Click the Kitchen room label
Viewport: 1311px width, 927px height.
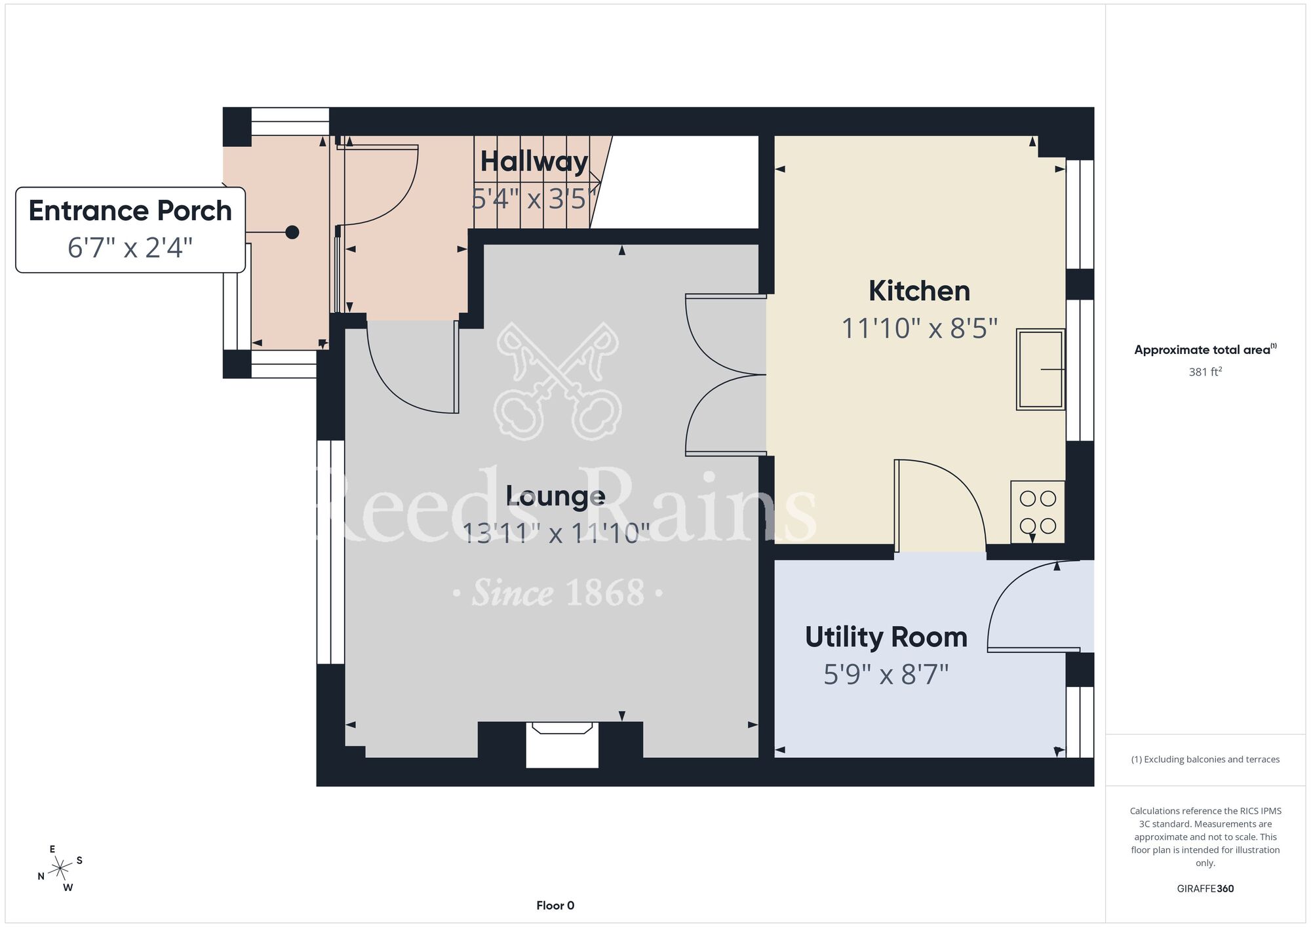click(x=919, y=291)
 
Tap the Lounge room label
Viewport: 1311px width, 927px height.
click(x=555, y=496)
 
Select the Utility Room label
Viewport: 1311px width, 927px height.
click(x=886, y=637)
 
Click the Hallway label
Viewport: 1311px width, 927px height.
click(x=534, y=161)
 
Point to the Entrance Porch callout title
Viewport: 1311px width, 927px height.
click(x=130, y=210)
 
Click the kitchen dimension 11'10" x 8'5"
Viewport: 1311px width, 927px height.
click(x=919, y=328)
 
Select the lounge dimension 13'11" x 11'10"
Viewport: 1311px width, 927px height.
click(x=556, y=534)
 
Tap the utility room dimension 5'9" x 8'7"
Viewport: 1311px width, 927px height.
click(x=886, y=675)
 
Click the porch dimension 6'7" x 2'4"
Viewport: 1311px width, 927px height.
click(x=130, y=248)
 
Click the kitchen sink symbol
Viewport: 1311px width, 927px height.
click(x=1040, y=369)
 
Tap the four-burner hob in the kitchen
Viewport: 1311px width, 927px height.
click(x=1038, y=512)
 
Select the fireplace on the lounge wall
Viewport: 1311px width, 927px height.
click(x=562, y=744)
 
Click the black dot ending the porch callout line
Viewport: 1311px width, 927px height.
click(x=292, y=232)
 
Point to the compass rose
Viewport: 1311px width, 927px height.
click(x=60, y=869)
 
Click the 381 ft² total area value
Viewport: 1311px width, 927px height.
click(x=1205, y=372)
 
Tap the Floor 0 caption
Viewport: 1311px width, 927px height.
click(x=555, y=905)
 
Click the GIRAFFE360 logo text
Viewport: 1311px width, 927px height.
click(x=1205, y=889)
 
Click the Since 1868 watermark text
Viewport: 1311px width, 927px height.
click(x=558, y=593)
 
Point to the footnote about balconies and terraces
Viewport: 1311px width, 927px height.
click(x=1205, y=759)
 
